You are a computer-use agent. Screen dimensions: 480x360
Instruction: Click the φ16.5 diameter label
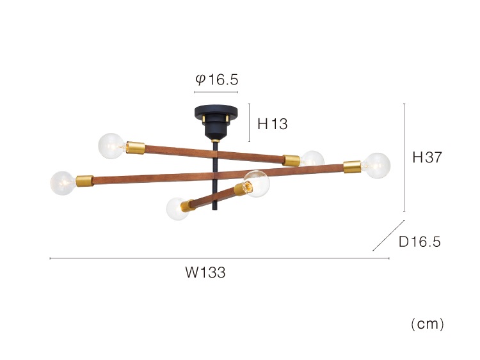[217, 80]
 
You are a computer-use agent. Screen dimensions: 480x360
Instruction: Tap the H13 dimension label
[273, 124]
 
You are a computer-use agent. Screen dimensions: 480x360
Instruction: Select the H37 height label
[428, 157]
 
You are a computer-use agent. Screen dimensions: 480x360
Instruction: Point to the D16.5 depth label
[420, 242]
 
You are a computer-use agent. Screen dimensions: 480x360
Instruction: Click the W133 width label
[205, 272]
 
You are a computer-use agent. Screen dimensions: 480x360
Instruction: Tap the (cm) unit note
[428, 324]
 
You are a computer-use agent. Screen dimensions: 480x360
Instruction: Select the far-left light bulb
[63, 183]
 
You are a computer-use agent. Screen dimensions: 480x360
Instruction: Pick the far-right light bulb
[377, 166]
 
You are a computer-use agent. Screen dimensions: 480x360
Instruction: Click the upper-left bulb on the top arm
[111, 146]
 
